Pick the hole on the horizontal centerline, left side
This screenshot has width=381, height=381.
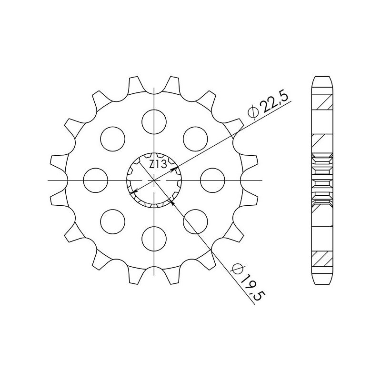pos(95,180)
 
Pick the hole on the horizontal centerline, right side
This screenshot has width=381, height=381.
pos(212,180)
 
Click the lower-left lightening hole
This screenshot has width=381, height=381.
pos(113,221)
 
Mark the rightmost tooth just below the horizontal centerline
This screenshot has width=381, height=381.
pos(252,198)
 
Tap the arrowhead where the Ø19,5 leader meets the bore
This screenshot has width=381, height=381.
pos(172,202)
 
